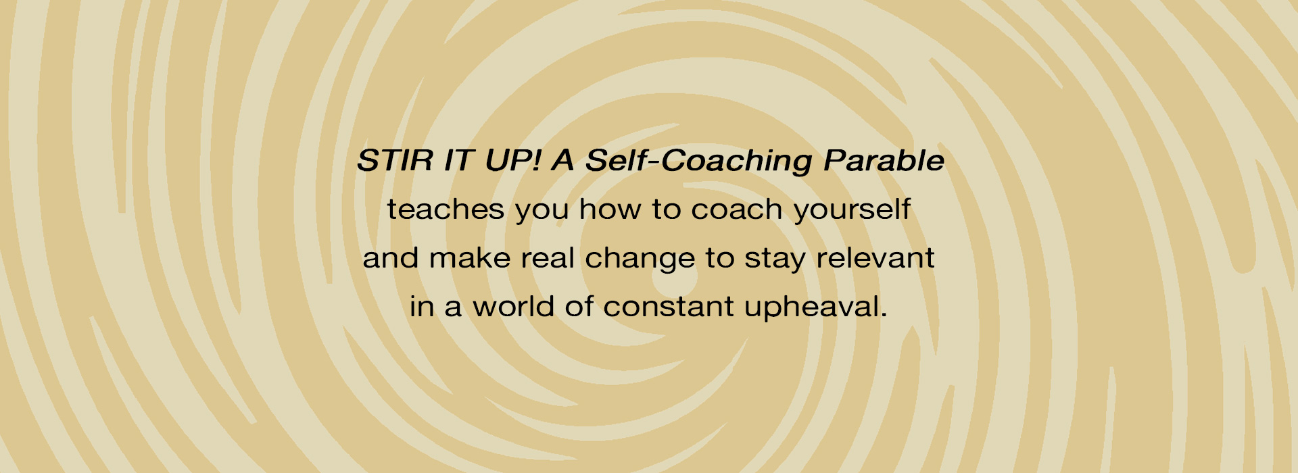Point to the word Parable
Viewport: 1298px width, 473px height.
pos(884,161)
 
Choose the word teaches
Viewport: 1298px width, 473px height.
pos(446,209)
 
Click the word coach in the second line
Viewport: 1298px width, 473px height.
pos(736,209)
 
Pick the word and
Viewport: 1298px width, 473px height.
pos(391,258)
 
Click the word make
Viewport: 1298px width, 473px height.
pos(469,258)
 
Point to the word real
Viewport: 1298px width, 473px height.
pos(547,258)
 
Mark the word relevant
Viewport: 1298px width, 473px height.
pos(875,258)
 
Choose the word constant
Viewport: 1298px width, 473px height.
pos(669,307)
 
